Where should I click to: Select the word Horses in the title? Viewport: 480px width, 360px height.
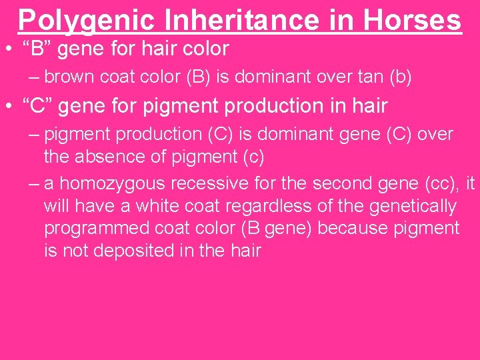point(413,20)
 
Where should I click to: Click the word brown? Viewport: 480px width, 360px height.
point(71,77)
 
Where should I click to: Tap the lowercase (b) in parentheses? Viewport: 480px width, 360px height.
point(398,77)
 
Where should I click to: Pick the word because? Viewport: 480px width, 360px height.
point(354,228)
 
